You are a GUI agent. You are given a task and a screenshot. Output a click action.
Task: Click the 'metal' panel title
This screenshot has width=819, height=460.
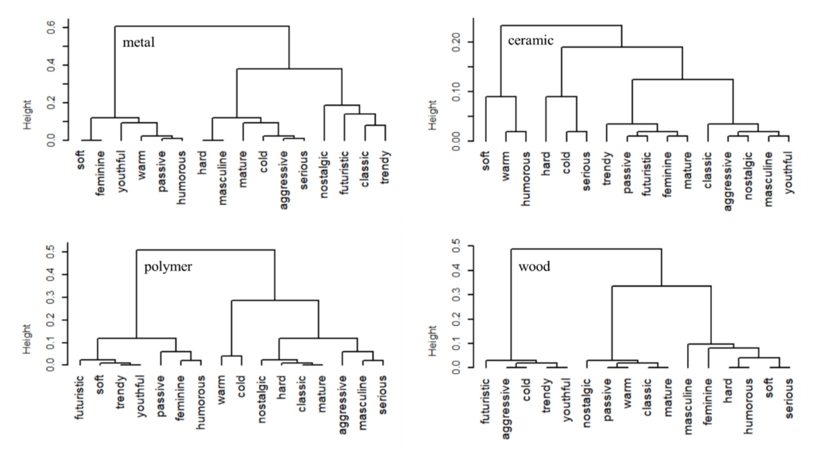[x=138, y=43]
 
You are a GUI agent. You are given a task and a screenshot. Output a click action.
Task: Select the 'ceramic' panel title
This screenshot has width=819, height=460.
[x=531, y=40]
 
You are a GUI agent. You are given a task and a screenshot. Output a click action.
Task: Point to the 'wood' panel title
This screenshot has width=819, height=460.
[x=534, y=267]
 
